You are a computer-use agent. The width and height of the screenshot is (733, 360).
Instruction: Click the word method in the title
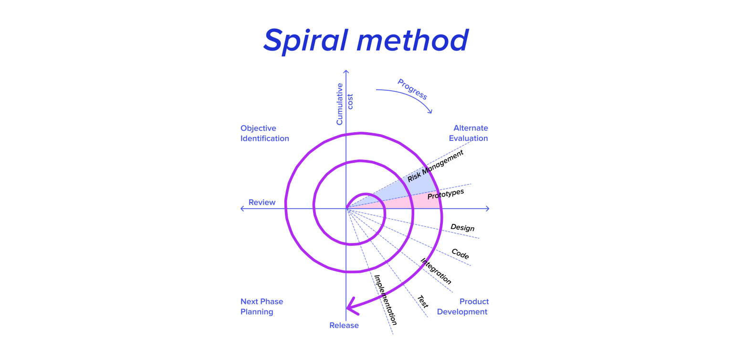412,41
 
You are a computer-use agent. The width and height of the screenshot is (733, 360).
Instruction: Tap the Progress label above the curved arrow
412,89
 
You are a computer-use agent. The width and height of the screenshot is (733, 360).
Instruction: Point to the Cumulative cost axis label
345,104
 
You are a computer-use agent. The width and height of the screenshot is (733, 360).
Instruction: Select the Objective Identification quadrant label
264,133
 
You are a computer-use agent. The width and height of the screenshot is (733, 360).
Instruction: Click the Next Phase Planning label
262,307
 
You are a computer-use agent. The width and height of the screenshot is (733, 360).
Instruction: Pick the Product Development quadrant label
463,307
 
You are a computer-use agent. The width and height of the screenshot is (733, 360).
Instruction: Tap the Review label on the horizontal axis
262,202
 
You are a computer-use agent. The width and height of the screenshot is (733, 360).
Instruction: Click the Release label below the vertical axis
344,326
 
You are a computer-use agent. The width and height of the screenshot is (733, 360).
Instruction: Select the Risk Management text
435,167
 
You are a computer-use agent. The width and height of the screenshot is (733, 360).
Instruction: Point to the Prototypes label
446,194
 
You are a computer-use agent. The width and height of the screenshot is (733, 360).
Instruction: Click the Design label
462,227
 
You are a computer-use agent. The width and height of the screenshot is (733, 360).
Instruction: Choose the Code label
460,254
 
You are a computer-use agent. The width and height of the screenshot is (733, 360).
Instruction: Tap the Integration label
436,271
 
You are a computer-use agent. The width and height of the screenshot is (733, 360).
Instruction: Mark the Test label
422,301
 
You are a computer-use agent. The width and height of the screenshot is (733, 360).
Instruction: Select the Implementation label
385,299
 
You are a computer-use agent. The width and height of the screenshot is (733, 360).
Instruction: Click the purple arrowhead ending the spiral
351,307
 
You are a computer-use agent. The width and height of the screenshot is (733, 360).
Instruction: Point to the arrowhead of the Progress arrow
430,112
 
